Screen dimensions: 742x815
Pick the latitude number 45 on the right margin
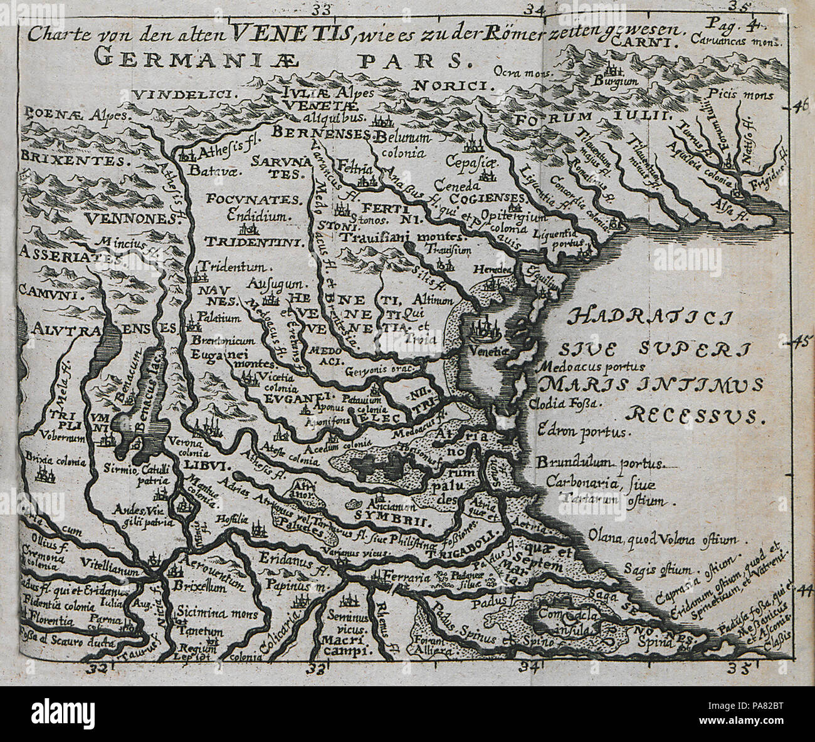click(x=802, y=342)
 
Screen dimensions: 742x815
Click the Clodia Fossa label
click(x=564, y=404)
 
